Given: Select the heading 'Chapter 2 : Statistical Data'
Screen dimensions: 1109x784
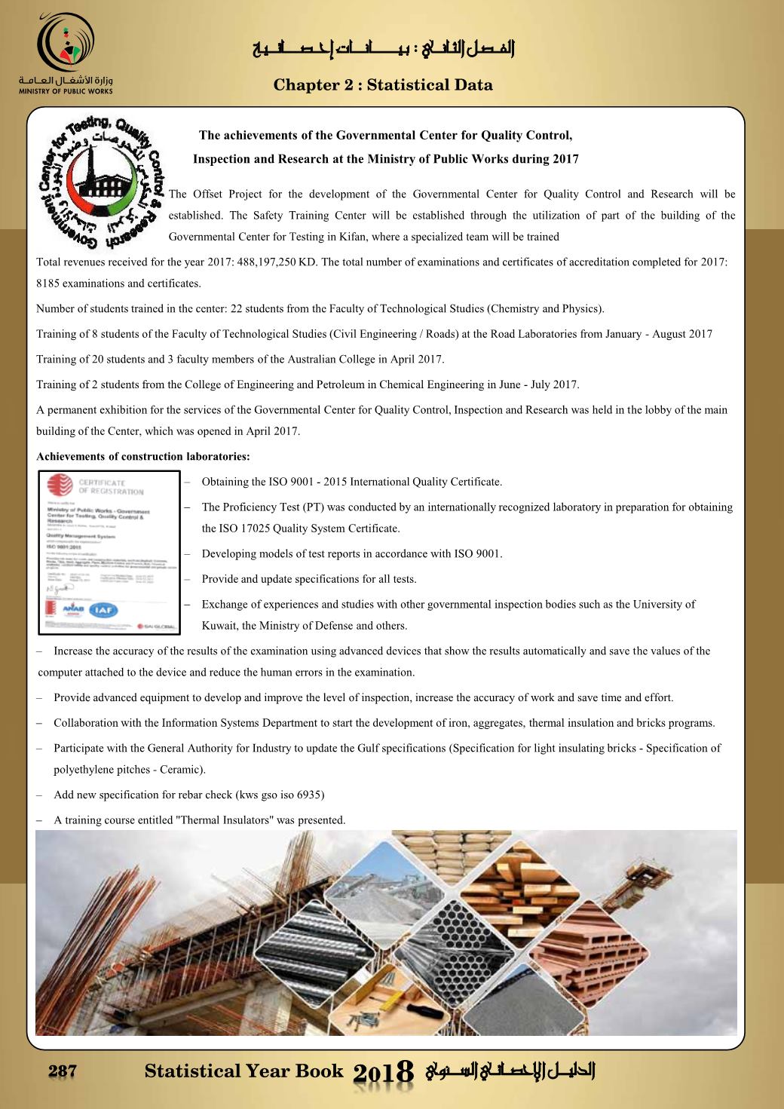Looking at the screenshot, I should [383, 85].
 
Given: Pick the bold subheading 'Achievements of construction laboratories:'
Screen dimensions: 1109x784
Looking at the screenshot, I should [143, 456].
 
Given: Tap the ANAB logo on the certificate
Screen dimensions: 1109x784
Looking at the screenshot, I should [73, 609].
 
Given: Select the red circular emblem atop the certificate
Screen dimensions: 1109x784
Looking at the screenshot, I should [61, 486].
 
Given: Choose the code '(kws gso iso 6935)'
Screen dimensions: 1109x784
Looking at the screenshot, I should [280, 795].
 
